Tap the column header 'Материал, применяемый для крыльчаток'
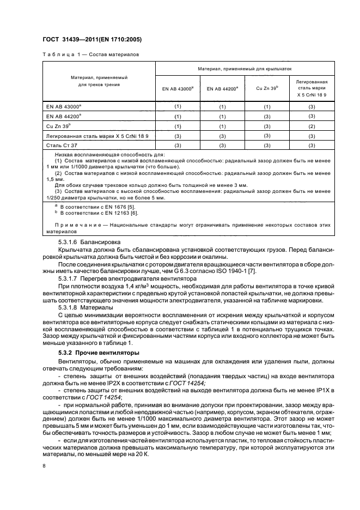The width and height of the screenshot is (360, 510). [245, 69]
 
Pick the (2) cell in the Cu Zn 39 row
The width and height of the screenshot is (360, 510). [312, 125]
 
